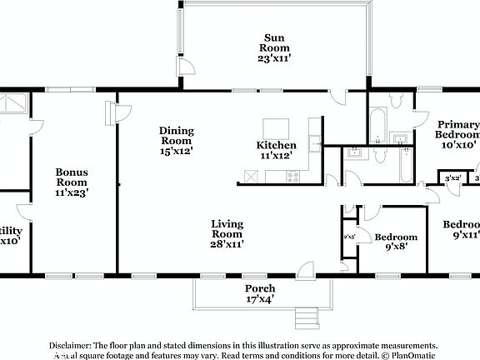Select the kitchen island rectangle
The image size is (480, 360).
(277, 128)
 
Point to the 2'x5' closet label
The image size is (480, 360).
(348, 237)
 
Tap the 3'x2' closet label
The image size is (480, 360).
(452, 178)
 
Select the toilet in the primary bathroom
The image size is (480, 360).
(396, 102)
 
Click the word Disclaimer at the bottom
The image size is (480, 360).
(70, 345)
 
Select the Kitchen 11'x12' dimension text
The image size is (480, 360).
(276, 156)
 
